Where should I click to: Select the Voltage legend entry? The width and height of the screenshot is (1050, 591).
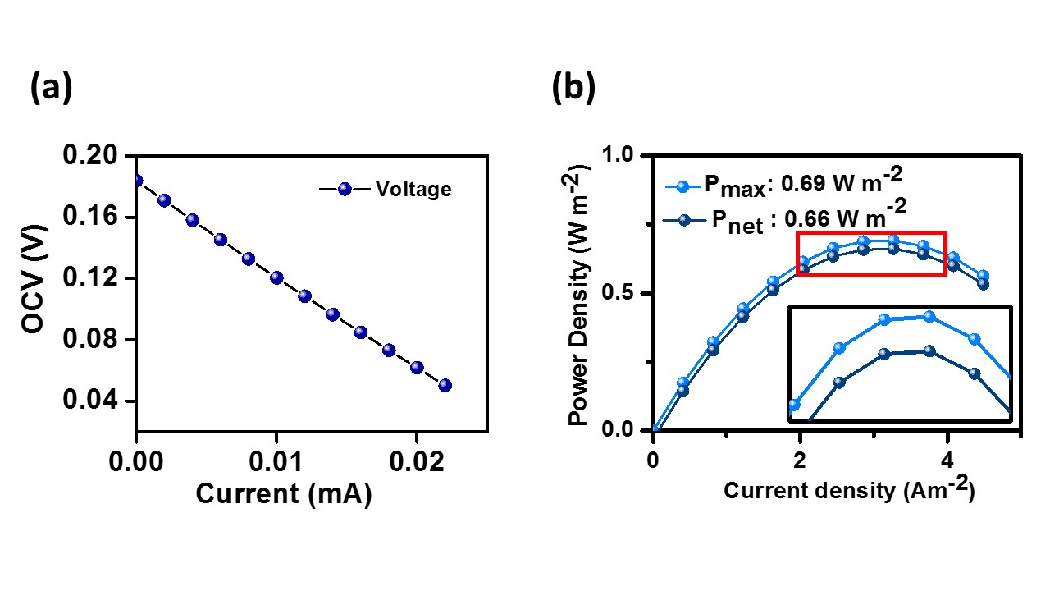[413, 190]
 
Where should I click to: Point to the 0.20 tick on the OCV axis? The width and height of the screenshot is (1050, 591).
[95, 156]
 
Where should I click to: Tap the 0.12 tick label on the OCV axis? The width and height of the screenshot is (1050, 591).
[95, 278]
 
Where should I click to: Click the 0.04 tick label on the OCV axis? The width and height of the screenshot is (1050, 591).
[95, 401]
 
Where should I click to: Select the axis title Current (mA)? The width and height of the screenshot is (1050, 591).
[283, 495]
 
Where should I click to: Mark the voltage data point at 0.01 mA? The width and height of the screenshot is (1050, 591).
[276, 277]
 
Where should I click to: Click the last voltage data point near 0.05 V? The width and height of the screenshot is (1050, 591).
[445, 385]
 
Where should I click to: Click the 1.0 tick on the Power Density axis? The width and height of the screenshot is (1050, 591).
[621, 156]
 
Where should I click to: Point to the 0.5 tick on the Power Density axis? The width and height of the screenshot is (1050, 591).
[621, 294]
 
